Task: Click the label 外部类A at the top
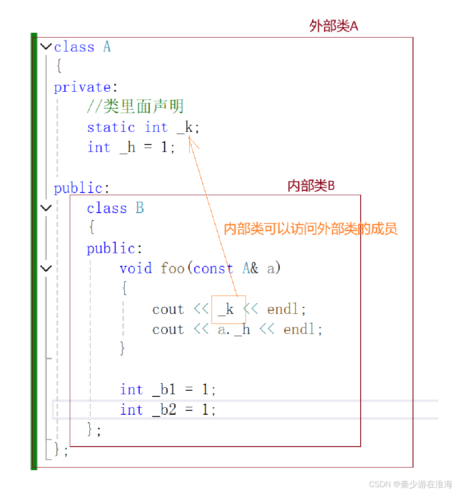click(x=334, y=26)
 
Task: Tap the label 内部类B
click(x=311, y=186)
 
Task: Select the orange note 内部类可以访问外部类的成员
click(x=311, y=229)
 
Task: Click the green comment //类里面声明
click(x=135, y=107)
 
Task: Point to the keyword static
click(x=111, y=127)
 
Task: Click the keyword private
click(x=82, y=87)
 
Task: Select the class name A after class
click(x=107, y=47)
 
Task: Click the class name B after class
click(x=140, y=208)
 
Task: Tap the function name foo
click(x=172, y=268)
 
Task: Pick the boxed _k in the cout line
click(x=225, y=310)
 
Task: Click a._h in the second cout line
click(x=234, y=329)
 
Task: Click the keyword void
click(x=136, y=268)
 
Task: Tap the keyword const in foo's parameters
click(x=213, y=268)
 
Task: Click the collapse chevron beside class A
click(x=46, y=46)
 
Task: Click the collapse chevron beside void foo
click(x=46, y=268)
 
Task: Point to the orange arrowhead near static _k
click(x=190, y=139)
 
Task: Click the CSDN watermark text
click(x=410, y=484)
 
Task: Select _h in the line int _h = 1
click(x=127, y=148)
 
